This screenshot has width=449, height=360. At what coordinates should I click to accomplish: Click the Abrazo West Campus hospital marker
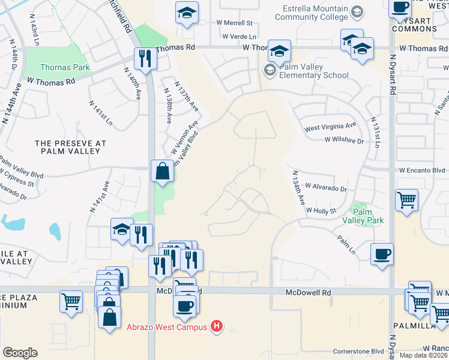[217, 327]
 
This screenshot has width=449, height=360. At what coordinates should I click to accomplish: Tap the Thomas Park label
[65, 67]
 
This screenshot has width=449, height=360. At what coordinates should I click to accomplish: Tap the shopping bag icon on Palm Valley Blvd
[162, 172]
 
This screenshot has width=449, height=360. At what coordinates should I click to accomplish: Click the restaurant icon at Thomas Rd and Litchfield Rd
[145, 59]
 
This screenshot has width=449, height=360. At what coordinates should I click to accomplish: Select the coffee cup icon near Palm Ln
[382, 254]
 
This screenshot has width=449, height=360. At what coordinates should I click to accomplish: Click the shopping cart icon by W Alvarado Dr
[406, 200]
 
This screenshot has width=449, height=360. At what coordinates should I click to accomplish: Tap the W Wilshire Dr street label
[344, 140]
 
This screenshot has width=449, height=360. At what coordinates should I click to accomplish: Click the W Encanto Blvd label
[422, 170]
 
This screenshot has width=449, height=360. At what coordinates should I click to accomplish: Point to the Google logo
[20, 353]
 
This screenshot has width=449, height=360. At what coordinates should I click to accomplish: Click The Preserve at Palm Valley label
[70, 147]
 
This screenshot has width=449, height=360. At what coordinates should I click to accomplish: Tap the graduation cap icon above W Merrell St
[187, 12]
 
